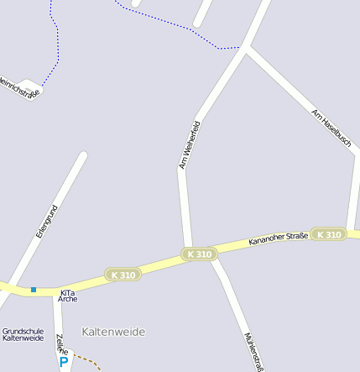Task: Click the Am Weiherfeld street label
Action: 190,144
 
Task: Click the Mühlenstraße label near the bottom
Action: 253,352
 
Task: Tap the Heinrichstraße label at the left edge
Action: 18,89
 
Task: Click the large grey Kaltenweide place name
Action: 113,332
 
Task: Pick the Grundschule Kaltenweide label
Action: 23,334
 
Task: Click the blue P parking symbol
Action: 64,362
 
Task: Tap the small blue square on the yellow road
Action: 34,290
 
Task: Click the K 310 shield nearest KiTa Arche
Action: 123,275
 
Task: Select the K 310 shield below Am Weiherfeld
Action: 200,254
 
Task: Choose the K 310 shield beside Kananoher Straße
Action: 328,234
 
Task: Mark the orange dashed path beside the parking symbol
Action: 87,361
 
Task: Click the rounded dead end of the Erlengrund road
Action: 82,156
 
